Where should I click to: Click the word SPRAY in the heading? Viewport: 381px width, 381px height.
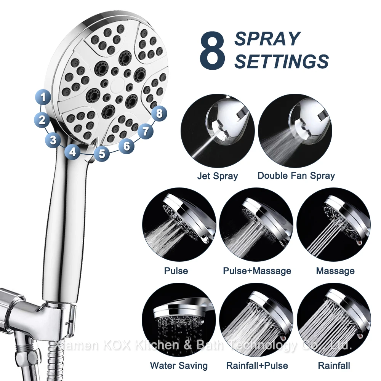tap(267, 39)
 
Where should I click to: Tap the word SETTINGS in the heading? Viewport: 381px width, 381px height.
tap(281, 61)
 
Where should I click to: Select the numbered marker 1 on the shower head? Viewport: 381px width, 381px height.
tap(44, 97)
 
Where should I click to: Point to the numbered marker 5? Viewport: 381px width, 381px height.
tap(101, 154)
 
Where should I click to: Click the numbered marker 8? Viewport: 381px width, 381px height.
tap(159, 113)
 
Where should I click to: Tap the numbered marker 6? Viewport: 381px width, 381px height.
tap(126, 145)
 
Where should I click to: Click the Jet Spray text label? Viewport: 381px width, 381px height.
tap(217, 176)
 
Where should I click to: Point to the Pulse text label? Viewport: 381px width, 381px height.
tap(176, 271)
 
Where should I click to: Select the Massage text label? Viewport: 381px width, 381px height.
tap(335, 271)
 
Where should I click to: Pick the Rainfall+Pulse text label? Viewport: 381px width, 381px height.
tap(257, 366)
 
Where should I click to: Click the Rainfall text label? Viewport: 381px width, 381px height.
tap(334, 366)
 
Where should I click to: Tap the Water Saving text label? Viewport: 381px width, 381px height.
tap(179, 366)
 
